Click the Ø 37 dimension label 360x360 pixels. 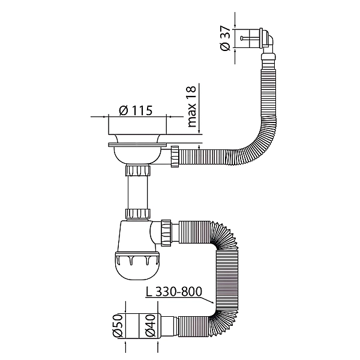tap(225, 38)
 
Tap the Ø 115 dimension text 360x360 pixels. tap(136, 110)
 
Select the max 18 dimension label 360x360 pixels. tap(192, 107)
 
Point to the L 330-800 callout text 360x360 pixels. tap(174, 292)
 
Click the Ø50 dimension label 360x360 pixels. tap(118, 326)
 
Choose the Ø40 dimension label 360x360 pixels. tap(151, 326)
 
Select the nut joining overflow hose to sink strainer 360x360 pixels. tap(175, 156)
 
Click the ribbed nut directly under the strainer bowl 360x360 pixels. tap(138, 170)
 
